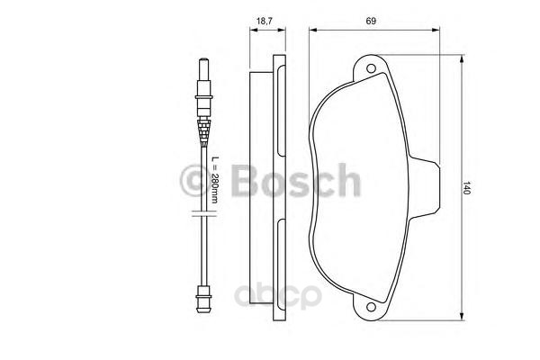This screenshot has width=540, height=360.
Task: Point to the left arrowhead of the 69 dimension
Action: point(312,29)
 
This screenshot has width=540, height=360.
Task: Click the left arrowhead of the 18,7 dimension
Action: point(252,29)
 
